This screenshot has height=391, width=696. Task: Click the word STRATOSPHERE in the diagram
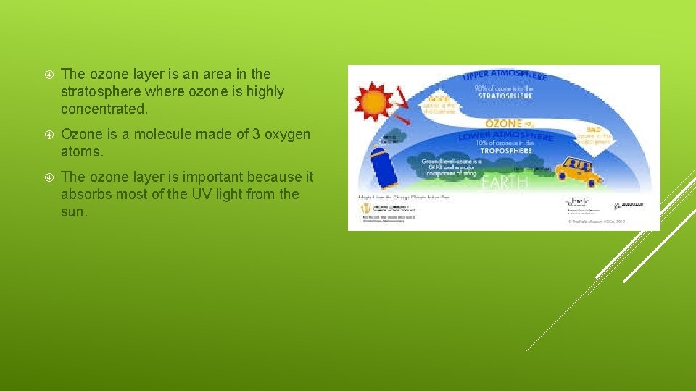pyautogui.click(x=504, y=96)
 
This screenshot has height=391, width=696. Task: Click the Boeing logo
pyautogui.click(x=629, y=206)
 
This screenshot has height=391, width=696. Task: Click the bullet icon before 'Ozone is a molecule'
pyautogui.click(x=48, y=135)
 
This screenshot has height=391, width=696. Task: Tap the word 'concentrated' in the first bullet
pyautogui.click(x=104, y=109)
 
